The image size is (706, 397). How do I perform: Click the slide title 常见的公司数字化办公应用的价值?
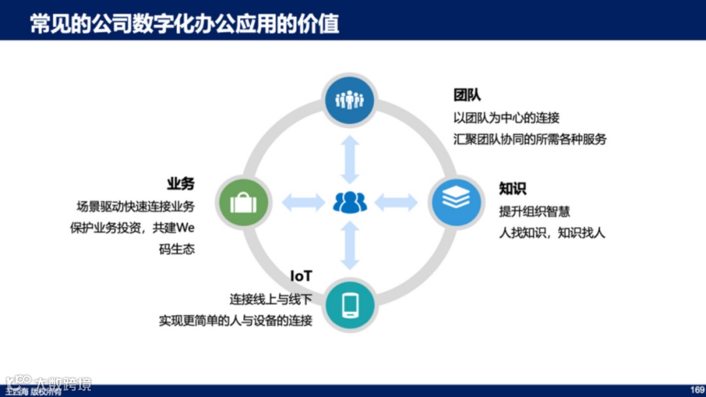point(184,24)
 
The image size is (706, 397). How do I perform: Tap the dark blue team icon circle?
point(350,99)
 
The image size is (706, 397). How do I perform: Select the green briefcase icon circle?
point(243,202)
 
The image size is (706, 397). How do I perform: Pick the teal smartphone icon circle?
point(350,305)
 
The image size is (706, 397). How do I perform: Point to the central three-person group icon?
point(350,202)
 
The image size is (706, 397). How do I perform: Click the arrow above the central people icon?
point(350,159)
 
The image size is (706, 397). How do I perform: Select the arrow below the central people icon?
point(350,246)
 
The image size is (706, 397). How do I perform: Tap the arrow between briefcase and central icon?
point(303,203)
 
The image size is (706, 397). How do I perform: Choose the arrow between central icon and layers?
point(396,203)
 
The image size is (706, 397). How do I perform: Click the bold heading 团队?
point(467,95)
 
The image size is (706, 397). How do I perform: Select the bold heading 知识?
point(513,188)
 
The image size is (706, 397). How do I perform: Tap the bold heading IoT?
point(301,276)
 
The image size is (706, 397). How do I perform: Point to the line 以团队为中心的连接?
point(507,118)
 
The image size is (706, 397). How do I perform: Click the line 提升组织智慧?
point(535,211)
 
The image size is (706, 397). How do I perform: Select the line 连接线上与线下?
point(271,299)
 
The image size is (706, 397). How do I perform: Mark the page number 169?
point(697,390)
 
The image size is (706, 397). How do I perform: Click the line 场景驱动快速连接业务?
point(135,206)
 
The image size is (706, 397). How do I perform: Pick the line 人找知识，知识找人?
point(552,233)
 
